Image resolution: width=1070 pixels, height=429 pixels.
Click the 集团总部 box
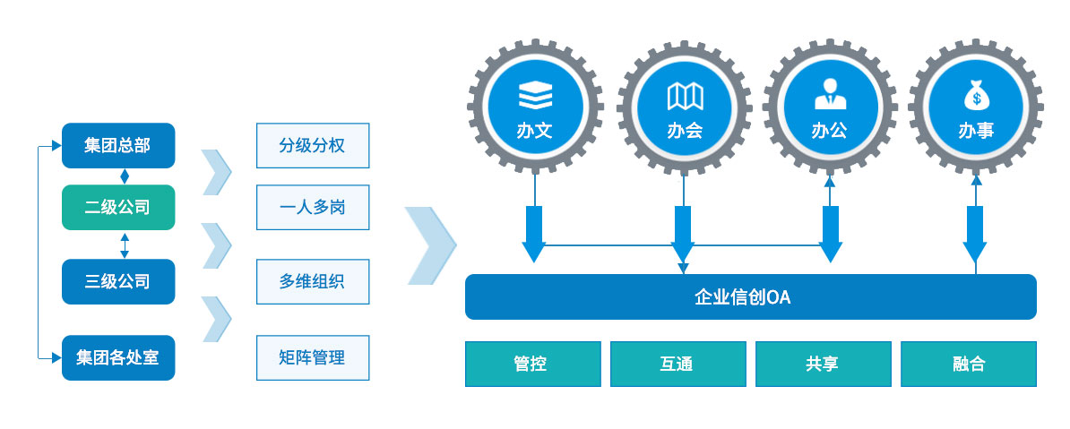(x=118, y=145)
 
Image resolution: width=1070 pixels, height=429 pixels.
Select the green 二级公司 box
(x=118, y=208)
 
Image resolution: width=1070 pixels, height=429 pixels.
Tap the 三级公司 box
(x=118, y=282)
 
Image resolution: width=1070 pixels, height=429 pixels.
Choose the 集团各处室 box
(x=118, y=357)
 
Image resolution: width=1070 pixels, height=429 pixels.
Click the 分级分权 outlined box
(x=313, y=145)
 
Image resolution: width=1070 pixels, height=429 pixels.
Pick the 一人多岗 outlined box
(x=313, y=208)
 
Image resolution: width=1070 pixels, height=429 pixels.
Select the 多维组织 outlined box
(x=313, y=282)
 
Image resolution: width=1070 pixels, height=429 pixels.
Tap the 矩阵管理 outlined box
(x=313, y=357)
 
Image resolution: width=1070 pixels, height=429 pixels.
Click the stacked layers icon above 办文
(x=535, y=96)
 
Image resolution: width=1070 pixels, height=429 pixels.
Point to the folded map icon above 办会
(x=685, y=97)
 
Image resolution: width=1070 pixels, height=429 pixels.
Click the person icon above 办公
(x=831, y=95)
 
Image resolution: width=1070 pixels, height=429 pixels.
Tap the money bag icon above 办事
(x=977, y=96)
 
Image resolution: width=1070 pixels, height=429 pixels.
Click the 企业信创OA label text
(x=742, y=297)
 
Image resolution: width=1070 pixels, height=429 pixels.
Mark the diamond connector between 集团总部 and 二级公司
(x=125, y=176)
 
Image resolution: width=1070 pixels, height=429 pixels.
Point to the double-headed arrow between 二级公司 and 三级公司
(x=125, y=245)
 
